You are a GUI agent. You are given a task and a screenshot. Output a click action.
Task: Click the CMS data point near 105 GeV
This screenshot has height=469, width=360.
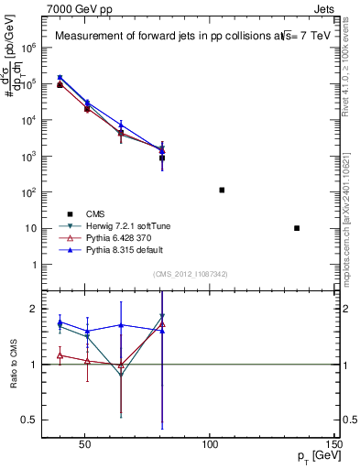[222, 191]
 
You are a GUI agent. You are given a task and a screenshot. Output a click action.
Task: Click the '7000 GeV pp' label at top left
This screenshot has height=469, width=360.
[70, 7]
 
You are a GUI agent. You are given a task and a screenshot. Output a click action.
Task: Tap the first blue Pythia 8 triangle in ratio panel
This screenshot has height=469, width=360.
[60, 322]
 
